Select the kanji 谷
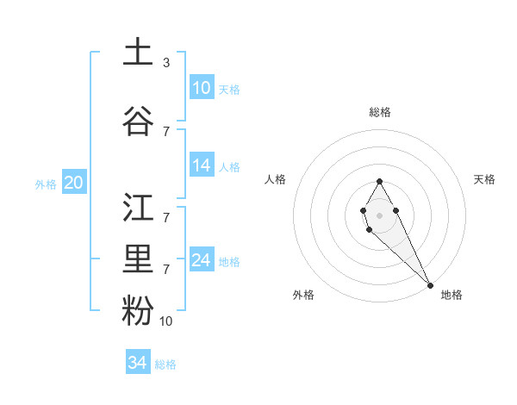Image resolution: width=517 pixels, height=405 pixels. tap(138, 121)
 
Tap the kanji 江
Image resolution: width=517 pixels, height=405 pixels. tap(138, 208)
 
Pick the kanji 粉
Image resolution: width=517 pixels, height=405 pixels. tap(138, 311)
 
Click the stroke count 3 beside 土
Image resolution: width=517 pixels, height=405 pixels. tap(165, 62)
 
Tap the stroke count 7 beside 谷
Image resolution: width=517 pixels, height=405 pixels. tap(165, 131)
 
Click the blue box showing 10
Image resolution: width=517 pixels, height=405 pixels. tap(202, 88)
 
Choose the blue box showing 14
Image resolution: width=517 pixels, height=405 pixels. tap(202, 165)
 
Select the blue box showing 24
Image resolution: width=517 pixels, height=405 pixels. tap(202, 260)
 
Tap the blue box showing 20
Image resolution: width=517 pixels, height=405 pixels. tap(74, 183)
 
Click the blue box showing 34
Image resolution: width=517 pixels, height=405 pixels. tap(138, 363)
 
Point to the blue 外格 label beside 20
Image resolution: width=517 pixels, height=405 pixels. tap(46, 184)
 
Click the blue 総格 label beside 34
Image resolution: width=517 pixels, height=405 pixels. tap(165, 364)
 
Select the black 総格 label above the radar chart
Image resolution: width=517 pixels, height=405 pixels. tap(380, 112)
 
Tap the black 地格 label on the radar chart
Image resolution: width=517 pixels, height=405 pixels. tap(452, 295)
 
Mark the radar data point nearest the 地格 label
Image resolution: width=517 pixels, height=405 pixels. tap(430, 284)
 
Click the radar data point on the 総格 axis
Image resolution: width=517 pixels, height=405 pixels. tap(380, 181)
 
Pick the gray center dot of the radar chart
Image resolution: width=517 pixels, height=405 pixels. tap(380, 214)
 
